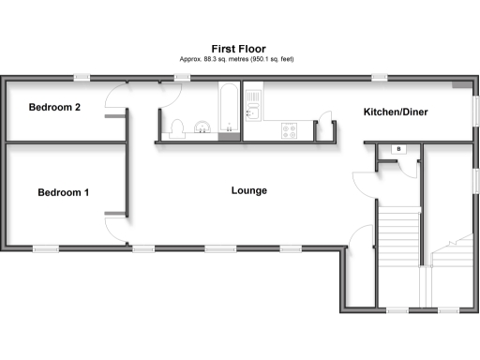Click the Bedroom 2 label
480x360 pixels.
click(54, 107)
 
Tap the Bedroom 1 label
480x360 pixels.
click(64, 193)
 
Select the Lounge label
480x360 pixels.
click(249, 190)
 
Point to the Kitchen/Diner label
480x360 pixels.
click(397, 113)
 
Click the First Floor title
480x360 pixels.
click(238, 49)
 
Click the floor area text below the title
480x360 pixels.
click(238, 59)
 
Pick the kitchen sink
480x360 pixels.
click(251, 112)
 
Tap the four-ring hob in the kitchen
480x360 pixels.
click(290, 131)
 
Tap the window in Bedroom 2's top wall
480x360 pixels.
click(82, 77)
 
